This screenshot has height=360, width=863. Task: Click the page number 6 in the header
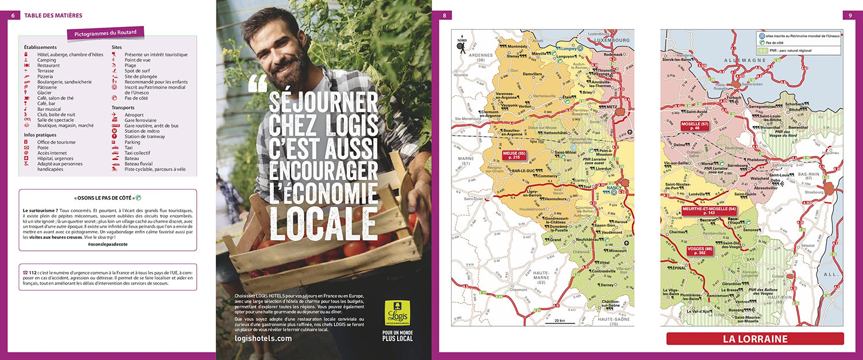(12, 16)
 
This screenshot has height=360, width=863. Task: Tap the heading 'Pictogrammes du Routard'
(105, 33)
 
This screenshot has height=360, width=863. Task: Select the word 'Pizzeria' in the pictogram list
(45, 76)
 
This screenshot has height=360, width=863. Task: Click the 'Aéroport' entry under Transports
(134, 114)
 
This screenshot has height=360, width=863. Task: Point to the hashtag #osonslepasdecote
(108, 244)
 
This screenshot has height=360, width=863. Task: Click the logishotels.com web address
(263, 339)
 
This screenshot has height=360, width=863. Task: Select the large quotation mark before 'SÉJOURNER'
(258, 85)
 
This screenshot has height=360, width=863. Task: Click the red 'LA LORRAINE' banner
(755, 339)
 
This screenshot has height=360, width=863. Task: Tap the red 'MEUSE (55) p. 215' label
(514, 155)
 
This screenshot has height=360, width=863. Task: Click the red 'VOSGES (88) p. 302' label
(700, 250)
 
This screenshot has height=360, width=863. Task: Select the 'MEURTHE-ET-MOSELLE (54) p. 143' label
(709, 210)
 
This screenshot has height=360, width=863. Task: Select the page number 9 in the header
(850, 16)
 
